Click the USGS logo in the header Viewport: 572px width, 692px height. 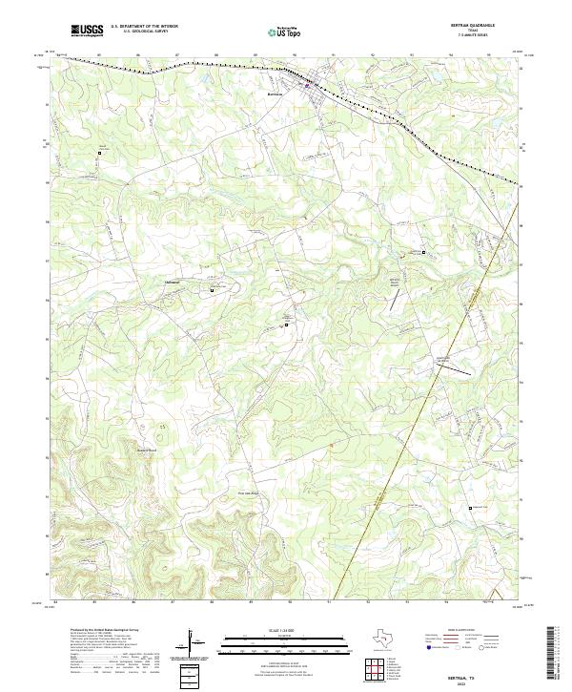(87, 31)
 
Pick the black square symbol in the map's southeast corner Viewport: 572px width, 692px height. (469, 507)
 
